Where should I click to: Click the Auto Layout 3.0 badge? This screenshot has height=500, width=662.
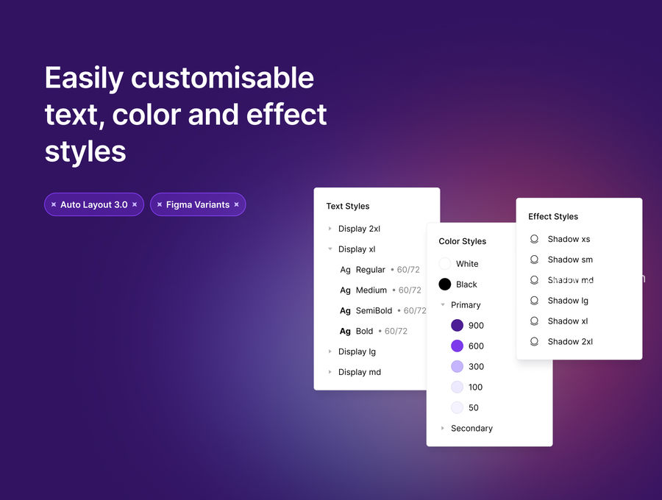coord(94,204)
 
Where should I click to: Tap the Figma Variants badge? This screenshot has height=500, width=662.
coord(198,204)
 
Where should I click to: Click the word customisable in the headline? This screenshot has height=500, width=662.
coord(222,78)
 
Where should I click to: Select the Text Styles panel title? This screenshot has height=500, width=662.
coord(348,207)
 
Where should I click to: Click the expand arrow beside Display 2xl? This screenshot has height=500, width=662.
coord(330,229)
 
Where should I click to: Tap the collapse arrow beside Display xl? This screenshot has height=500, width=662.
coord(330,249)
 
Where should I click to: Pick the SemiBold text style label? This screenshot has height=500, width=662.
coord(374,310)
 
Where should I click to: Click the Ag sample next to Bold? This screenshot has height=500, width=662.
coord(346,331)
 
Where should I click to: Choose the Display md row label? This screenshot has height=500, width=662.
coord(360,372)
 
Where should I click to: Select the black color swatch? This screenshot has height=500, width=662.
coord(444,285)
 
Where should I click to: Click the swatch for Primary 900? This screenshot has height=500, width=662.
coord(458,325)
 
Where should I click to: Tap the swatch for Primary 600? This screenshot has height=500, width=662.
coord(458,346)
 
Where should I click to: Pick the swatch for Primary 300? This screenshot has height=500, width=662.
coord(458,366)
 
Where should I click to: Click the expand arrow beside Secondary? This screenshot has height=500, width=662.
coord(443,428)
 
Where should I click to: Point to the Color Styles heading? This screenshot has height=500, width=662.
coord(463,241)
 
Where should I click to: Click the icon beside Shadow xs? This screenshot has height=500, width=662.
coord(534,239)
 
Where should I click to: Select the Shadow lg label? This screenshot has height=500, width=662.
coord(568,301)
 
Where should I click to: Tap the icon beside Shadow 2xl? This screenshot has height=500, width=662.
coord(534,342)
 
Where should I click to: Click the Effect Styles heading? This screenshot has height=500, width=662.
coord(553,216)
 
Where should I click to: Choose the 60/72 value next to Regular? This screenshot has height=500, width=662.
coord(408,270)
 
